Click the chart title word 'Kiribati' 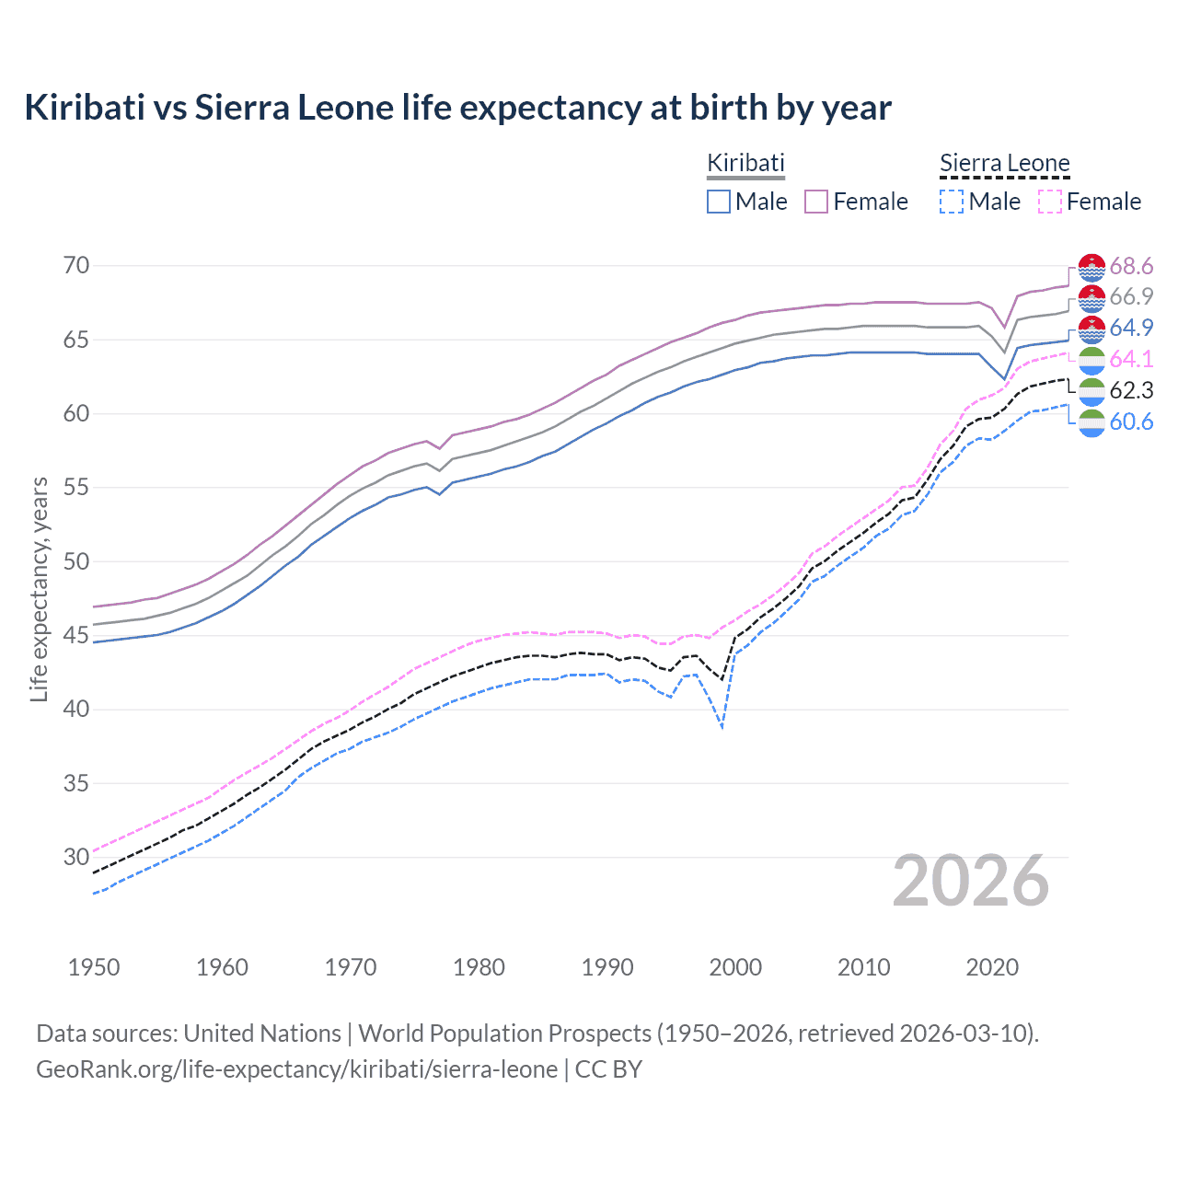[x=85, y=108]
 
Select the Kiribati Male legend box [x=719, y=202]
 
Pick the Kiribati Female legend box [x=816, y=202]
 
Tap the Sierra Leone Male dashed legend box [x=952, y=202]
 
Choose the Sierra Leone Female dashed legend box [x=1050, y=202]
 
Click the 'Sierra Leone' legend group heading [x=1004, y=164]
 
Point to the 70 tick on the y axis [x=76, y=266]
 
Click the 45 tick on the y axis [x=76, y=636]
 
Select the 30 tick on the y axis [x=76, y=858]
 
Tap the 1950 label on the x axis [x=94, y=967]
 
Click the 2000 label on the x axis [x=735, y=967]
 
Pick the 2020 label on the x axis [x=992, y=967]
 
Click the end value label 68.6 [x=1131, y=267]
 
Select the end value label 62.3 [x=1131, y=391]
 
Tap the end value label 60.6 [x=1131, y=422]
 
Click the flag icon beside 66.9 [x=1091, y=297]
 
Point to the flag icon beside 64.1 [x=1091, y=360]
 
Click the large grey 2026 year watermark [x=971, y=881]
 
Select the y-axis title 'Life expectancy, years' [x=40, y=589]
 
